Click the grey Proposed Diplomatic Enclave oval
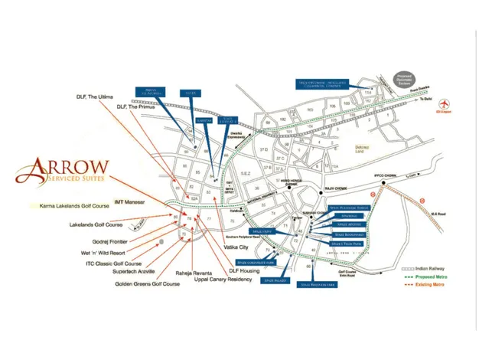tap(404, 79)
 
